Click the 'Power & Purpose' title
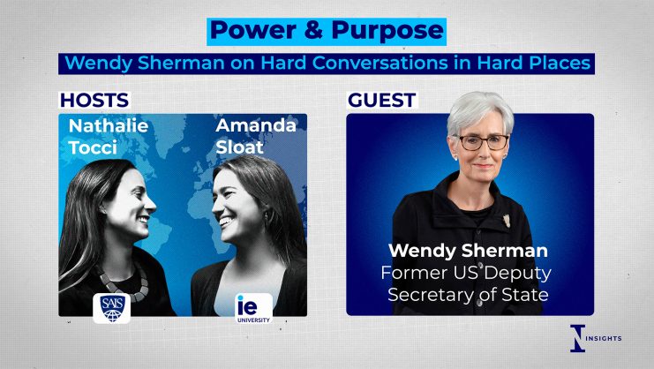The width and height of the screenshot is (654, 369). [x=327, y=31]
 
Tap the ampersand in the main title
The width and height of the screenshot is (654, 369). [x=313, y=31]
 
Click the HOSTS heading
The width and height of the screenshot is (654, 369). [x=94, y=100]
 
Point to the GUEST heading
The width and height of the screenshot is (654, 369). [x=381, y=100]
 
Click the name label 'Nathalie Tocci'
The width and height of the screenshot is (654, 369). [x=109, y=136]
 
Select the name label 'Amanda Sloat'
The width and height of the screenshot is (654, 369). [x=256, y=136]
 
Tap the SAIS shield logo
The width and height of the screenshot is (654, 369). [x=111, y=308]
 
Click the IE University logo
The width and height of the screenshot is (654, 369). [x=253, y=309]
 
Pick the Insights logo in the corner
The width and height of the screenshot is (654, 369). [x=596, y=338]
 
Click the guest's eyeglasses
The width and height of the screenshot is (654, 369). [x=484, y=143]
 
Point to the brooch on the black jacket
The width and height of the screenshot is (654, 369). [x=507, y=220]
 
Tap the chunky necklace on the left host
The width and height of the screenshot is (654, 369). [x=125, y=283]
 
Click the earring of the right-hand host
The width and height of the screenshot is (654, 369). [x=267, y=218]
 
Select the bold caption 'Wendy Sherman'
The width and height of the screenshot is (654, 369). [x=468, y=251]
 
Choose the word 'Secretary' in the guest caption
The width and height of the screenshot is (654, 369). [x=427, y=295]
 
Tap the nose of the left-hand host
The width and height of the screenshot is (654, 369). [x=149, y=204]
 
